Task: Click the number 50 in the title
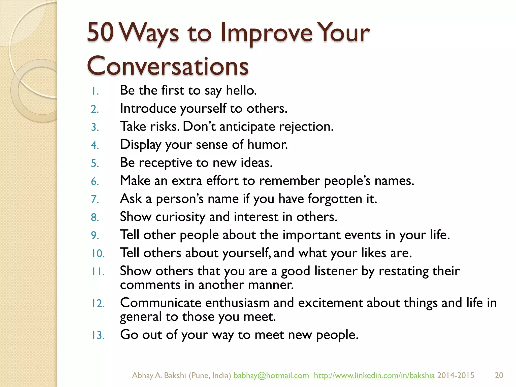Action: [x=100, y=32]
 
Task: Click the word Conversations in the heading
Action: [x=168, y=66]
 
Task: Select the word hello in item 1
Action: [x=241, y=90]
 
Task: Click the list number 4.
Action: [x=95, y=145]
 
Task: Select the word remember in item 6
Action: [x=289, y=181]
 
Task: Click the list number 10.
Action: [x=98, y=253]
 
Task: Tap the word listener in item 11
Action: [x=336, y=271]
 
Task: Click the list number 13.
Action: [x=98, y=335]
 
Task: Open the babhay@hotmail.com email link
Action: [x=271, y=375]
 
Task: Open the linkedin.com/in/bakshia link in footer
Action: [x=374, y=375]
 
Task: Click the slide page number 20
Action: [x=499, y=375]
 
